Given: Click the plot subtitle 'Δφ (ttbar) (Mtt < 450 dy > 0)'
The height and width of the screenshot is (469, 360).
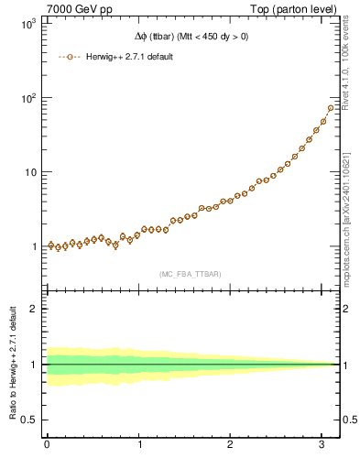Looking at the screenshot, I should [x=190, y=38].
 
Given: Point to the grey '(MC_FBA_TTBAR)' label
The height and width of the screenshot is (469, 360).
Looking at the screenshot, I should [x=190, y=274].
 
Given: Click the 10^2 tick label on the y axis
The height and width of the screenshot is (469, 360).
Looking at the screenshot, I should [x=27, y=98].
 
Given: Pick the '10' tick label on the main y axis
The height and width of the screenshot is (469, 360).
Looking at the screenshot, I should [x=29, y=172].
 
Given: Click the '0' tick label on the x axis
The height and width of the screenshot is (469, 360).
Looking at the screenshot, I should [x=47, y=446].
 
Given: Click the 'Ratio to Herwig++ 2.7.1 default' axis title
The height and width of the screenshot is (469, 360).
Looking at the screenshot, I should [x=12, y=364].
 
